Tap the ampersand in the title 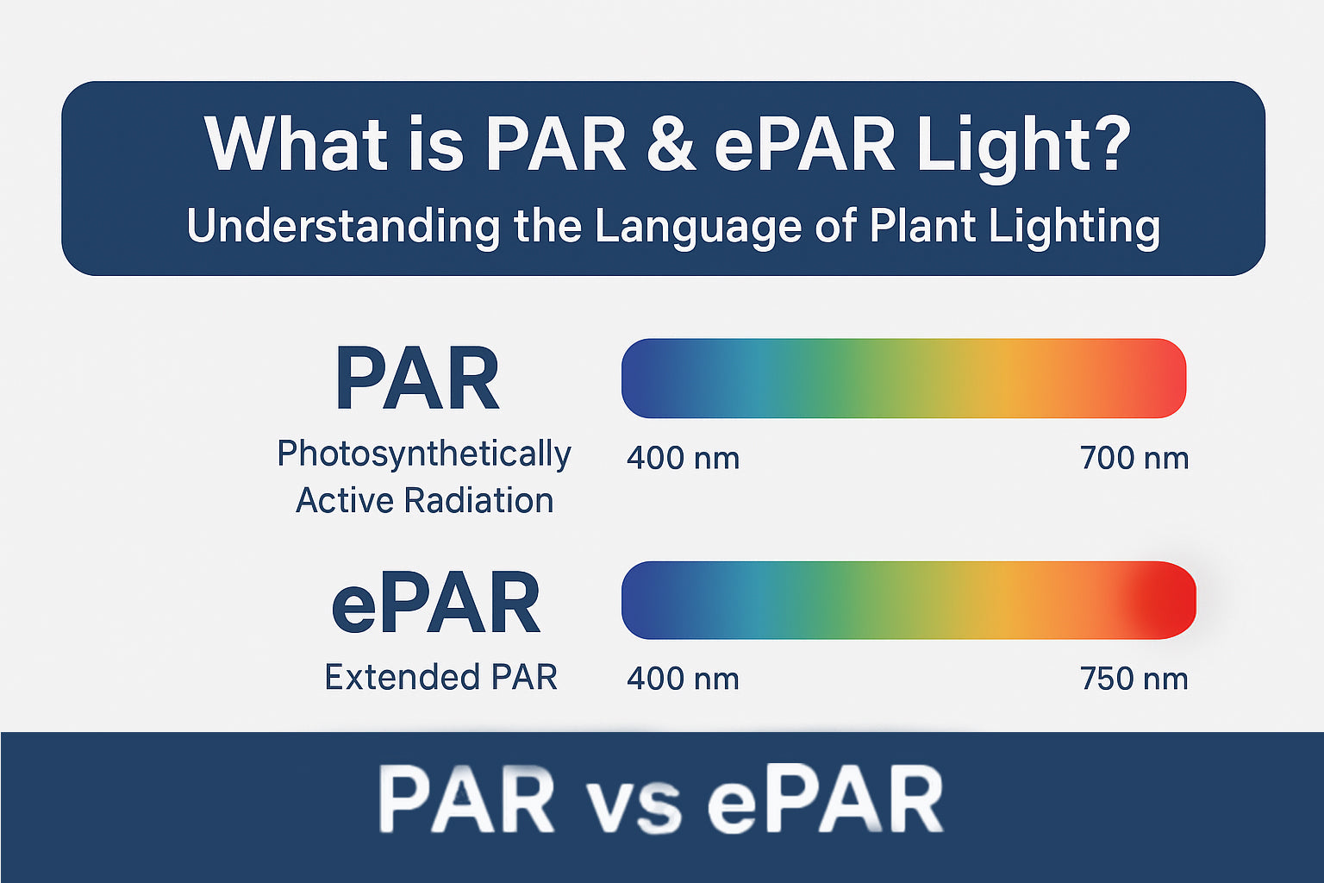(671, 143)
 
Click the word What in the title (296, 143)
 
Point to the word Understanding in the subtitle (342, 226)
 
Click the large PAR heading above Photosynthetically (417, 379)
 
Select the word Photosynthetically (423, 454)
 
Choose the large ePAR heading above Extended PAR (435, 604)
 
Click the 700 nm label (1134, 458)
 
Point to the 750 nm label (1134, 679)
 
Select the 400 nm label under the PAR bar (683, 458)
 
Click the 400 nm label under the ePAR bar (683, 679)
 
